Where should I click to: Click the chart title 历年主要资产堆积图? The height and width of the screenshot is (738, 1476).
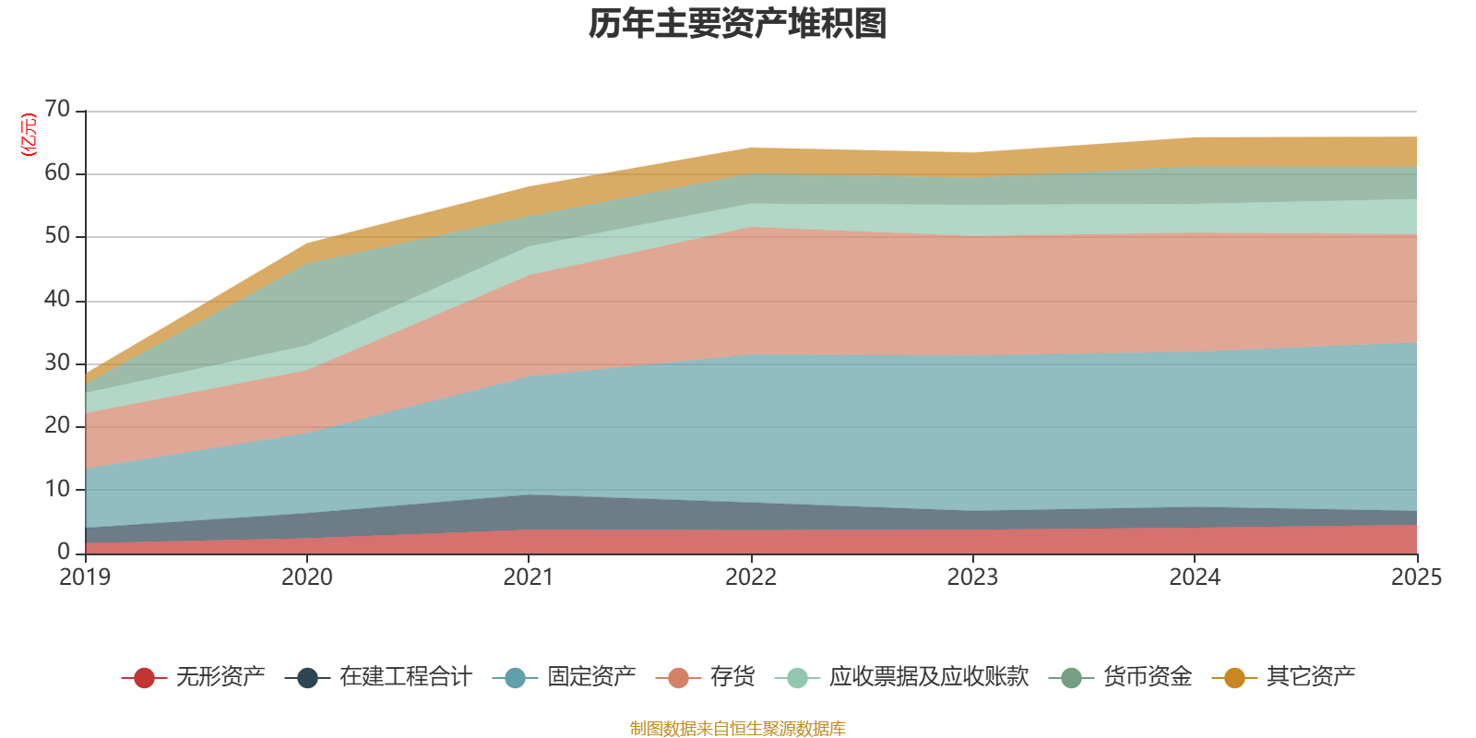click(737, 24)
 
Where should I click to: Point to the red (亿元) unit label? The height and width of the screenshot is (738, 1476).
click(29, 135)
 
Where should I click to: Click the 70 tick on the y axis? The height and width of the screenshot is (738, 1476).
click(57, 109)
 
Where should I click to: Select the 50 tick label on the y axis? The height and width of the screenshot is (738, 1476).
click(57, 235)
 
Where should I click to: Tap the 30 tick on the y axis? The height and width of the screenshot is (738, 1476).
click(57, 363)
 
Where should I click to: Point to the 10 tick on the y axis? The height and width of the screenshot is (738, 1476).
click(57, 489)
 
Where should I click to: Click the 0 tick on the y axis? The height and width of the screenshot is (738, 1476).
click(64, 551)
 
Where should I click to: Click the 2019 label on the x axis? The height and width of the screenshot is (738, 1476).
click(85, 577)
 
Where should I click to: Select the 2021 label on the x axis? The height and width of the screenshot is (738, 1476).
click(529, 577)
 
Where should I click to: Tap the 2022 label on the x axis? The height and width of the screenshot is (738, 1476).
click(751, 577)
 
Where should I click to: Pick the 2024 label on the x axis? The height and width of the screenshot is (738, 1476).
click(1195, 577)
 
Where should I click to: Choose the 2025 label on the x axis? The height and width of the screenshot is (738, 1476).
click(1417, 577)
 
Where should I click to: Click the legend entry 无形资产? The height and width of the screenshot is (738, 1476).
click(194, 677)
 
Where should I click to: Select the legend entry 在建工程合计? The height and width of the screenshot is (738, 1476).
click(379, 677)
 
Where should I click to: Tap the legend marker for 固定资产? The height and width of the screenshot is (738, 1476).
click(515, 678)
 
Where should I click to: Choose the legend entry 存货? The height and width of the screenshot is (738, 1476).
click(706, 677)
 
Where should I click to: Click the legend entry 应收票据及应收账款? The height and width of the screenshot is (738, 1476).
click(902, 677)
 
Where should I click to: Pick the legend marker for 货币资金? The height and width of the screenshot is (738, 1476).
click(1071, 678)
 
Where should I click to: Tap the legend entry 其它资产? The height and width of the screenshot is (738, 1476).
click(1284, 677)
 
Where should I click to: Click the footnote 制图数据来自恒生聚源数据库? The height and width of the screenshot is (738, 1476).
click(737, 728)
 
